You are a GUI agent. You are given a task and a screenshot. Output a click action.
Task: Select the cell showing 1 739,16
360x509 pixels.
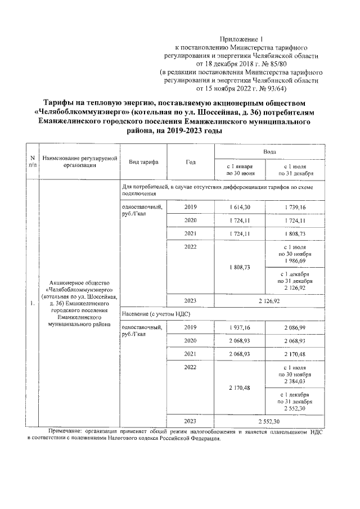(x=296, y=208)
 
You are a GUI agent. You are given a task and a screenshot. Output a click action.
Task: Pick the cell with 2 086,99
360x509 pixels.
(x=296, y=327)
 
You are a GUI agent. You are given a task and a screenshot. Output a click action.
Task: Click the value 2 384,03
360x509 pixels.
(x=296, y=381)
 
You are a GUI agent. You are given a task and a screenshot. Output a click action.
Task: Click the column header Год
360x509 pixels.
(x=190, y=162)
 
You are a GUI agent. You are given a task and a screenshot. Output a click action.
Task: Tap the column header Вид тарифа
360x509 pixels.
(x=143, y=162)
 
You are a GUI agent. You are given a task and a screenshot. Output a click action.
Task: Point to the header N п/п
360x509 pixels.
(x=32, y=162)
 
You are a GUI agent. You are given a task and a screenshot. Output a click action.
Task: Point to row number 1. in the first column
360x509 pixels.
(x=31, y=305)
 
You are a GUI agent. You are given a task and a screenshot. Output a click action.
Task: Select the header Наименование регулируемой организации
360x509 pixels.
(x=79, y=162)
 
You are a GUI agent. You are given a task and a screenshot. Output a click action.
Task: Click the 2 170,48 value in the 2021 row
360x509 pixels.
(x=296, y=354)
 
